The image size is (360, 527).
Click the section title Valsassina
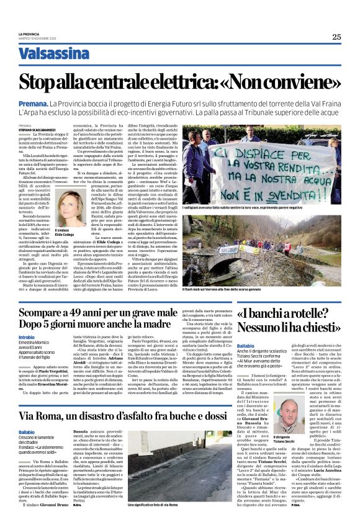click(x=54, y=54)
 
